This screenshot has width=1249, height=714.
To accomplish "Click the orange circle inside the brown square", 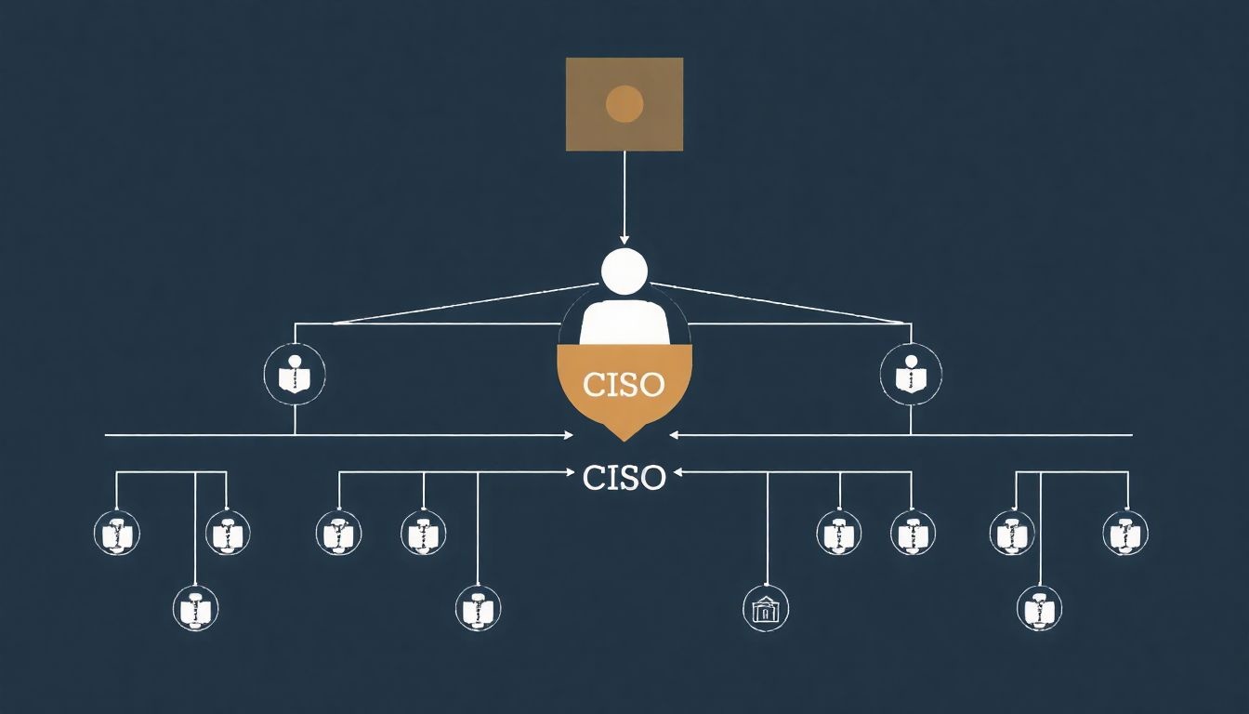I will [x=624, y=103].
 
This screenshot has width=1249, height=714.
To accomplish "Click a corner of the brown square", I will [x=568, y=59].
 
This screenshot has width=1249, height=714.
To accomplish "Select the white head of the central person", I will [x=624, y=271].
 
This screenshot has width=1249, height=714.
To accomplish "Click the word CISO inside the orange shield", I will [x=624, y=383].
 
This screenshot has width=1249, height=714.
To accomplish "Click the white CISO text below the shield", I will [x=624, y=478].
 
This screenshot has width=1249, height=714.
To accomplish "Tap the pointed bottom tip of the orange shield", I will [x=624, y=438].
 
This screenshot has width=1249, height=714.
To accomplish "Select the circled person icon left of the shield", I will [x=295, y=376].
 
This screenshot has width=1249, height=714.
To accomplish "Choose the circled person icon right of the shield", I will [x=911, y=376].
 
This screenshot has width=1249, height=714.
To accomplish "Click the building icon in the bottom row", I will [x=767, y=609].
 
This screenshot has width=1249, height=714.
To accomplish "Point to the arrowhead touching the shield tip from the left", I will [x=570, y=435].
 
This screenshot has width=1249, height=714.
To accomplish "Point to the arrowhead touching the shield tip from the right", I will [x=674, y=434].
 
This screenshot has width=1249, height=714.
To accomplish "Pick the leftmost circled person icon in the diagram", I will [x=117, y=534].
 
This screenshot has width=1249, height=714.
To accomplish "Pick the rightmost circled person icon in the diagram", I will [x=1125, y=534].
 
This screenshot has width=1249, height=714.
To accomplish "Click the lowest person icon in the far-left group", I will [x=195, y=609].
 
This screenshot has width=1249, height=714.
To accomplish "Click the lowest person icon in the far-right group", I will [x=1039, y=609].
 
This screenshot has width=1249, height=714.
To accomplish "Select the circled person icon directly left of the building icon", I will [x=478, y=609].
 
